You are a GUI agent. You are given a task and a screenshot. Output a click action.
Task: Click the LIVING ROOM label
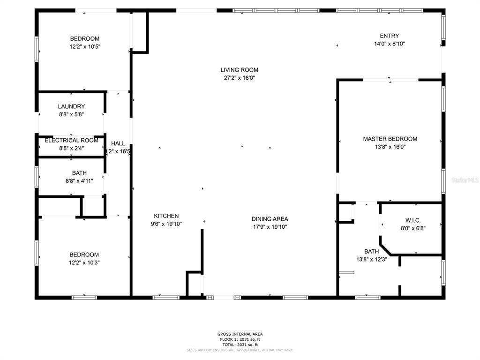pos(239,70)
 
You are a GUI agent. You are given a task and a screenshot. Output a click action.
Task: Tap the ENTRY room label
pos(389,36)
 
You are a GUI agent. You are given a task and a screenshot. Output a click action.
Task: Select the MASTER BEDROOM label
pos(390,139)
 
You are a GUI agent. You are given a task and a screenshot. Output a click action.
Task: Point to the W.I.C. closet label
pos(413,220)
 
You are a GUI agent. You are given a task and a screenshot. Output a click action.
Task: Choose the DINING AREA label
pos(270,219)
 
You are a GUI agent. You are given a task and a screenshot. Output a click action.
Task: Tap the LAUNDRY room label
pos(71,106)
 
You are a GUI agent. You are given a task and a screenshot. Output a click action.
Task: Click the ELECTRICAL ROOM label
pos(71,140)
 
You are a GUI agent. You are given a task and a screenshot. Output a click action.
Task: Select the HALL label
pos(118,143)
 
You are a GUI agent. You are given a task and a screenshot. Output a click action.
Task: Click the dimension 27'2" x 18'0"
pos(239,78)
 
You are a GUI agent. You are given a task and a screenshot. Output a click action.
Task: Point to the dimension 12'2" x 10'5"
pos(85,46)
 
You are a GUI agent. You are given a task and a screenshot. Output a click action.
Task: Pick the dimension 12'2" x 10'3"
pos(85,262)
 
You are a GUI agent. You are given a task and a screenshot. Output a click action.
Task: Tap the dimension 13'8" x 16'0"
pos(390,147)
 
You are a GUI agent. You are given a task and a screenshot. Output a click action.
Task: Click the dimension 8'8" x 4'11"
pos(79,180)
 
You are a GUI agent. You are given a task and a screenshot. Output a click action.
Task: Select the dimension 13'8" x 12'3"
pos(371,259)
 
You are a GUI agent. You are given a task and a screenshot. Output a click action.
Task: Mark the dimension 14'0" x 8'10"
pos(389,44)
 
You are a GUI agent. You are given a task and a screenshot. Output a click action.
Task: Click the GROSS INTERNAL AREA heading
pos(240,334)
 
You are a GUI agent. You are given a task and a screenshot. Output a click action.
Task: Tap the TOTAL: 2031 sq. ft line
pos(240,345)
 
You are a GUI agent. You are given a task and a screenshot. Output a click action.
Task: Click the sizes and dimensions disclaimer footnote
pos(240,350)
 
